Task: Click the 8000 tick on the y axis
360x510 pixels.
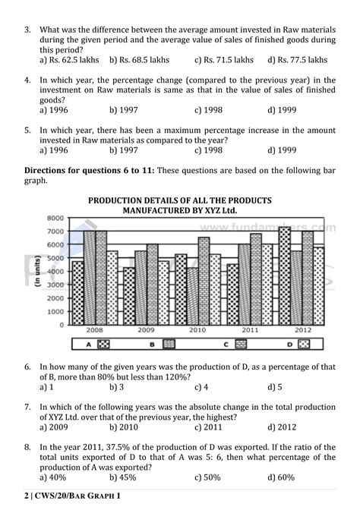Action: click(x=55, y=218)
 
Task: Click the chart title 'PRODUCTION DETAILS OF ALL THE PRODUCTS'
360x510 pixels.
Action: click(x=180, y=200)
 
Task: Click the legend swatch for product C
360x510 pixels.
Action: click(x=242, y=345)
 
